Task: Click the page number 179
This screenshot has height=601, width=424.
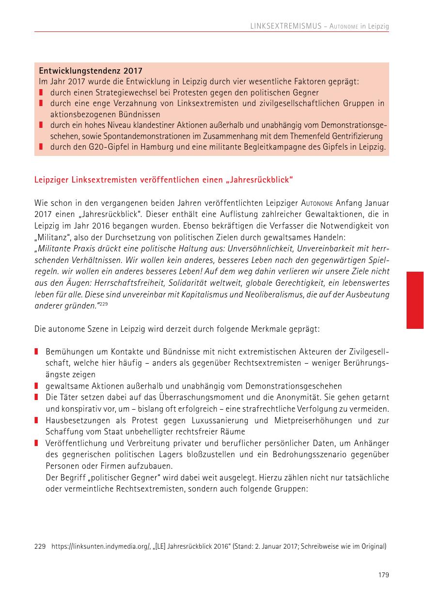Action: (x=384, y=575)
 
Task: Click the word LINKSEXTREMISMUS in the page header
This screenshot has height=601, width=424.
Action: (x=286, y=26)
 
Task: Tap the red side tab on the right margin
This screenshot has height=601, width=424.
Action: (x=415, y=300)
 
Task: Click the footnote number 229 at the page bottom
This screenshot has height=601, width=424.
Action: (x=40, y=547)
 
